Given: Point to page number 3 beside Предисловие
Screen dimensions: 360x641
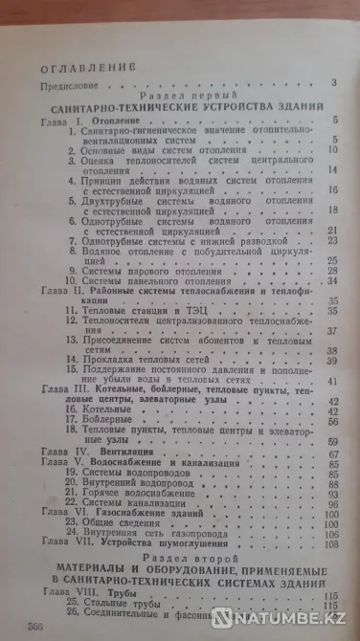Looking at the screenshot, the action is pos(335,85).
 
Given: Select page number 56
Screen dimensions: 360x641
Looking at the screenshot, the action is pos(335,419).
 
